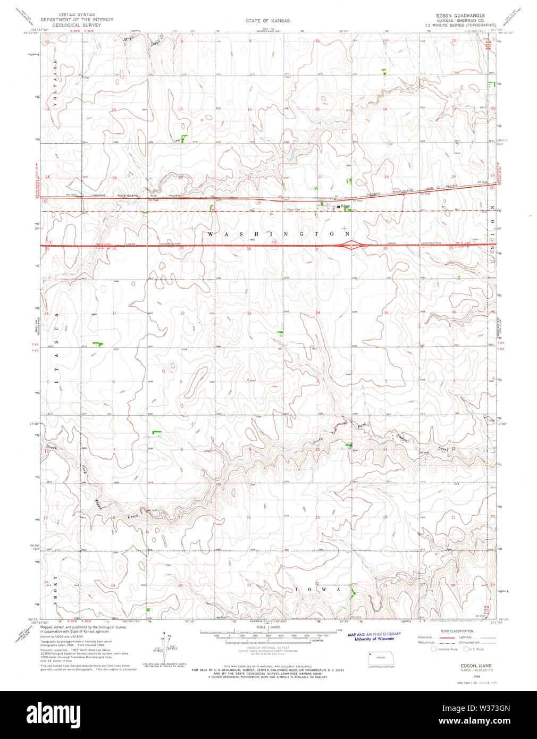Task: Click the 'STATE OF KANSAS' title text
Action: tap(268, 21)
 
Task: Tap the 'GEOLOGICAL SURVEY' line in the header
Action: tap(77, 24)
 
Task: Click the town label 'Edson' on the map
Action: tap(345, 206)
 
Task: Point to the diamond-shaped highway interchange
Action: tap(351, 245)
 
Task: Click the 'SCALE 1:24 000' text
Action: tap(268, 627)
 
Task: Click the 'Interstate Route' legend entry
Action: tap(447, 649)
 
